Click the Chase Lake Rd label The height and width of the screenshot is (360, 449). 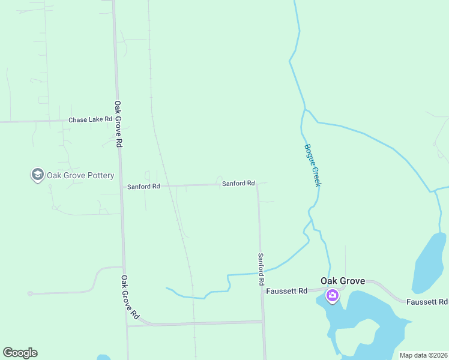pyautogui.click(x=90, y=119)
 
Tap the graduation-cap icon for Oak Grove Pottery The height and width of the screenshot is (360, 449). pyautogui.click(x=37, y=175)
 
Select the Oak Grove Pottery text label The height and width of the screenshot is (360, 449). pyautogui.click(x=81, y=176)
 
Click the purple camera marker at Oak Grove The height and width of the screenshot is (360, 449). pyautogui.click(x=332, y=295)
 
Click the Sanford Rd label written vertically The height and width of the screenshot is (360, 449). pyautogui.click(x=261, y=269)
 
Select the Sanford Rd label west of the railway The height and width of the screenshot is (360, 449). pyautogui.click(x=143, y=187)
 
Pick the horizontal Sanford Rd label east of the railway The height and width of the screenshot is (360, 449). pyautogui.click(x=238, y=184)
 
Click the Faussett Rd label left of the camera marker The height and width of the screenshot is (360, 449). pyautogui.click(x=286, y=291)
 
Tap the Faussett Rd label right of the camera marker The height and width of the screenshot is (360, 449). pyautogui.click(x=427, y=302)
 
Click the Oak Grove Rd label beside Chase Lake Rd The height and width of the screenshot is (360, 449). pyautogui.click(x=119, y=124)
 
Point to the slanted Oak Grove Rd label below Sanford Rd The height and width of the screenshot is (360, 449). pyautogui.click(x=130, y=297)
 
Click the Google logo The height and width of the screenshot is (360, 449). pyautogui.click(x=20, y=353)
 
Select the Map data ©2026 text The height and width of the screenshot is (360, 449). pyautogui.click(x=423, y=355)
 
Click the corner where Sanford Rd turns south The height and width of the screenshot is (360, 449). pyautogui.click(x=258, y=184)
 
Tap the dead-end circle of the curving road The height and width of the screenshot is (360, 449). pyautogui.click(x=29, y=293)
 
